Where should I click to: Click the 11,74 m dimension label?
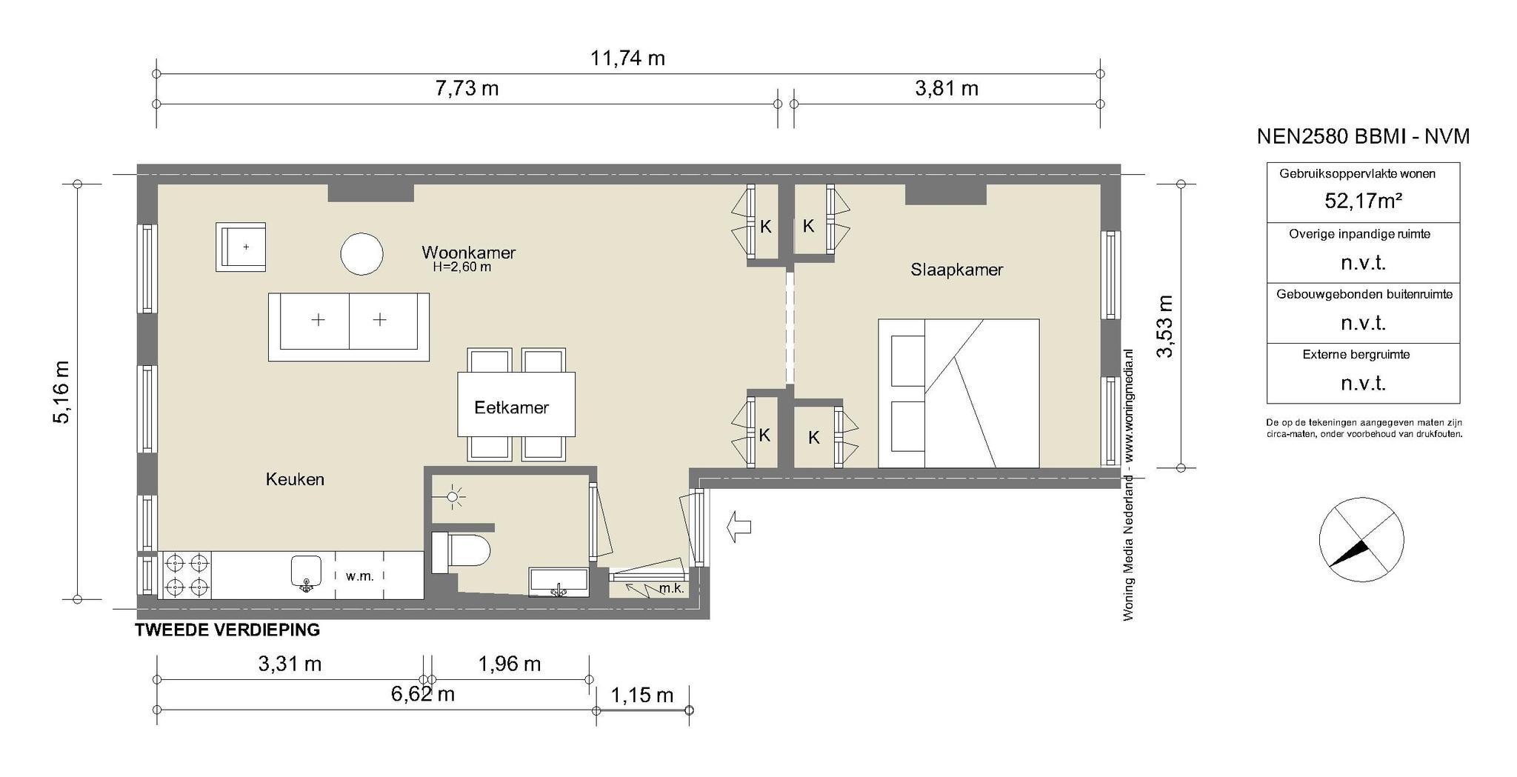click(627, 59)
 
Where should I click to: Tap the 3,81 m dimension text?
click(947, 89)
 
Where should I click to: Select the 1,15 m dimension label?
click(642, 696)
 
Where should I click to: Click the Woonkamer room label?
click(468, 253)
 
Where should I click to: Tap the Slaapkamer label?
click(957, 270)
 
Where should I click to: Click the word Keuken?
click(295, 479)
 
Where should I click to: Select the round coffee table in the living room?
click(361, 254)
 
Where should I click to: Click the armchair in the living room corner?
click(241, 247)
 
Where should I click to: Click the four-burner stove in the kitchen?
click(186, 575)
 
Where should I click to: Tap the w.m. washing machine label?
click(360, 576)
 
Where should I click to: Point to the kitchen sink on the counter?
click(305, 573)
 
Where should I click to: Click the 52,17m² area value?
click(1363, 201)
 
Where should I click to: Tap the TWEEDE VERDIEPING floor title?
click(227, 630)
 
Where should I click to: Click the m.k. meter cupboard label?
click(671, 590)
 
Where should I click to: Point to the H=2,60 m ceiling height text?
click(462, 267)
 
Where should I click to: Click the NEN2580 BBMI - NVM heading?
click(1363, 137)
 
